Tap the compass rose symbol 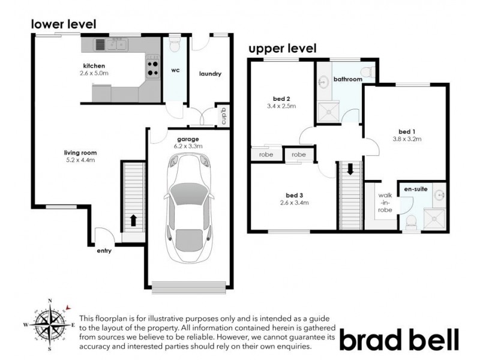pos(50,325)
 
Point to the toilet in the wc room pos(174,46)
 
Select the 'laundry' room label pos(210,74)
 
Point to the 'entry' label pos(104,251)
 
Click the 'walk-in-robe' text pos(385,203)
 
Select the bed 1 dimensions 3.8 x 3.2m pos(406,139)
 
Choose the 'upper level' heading pos(282,49)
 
